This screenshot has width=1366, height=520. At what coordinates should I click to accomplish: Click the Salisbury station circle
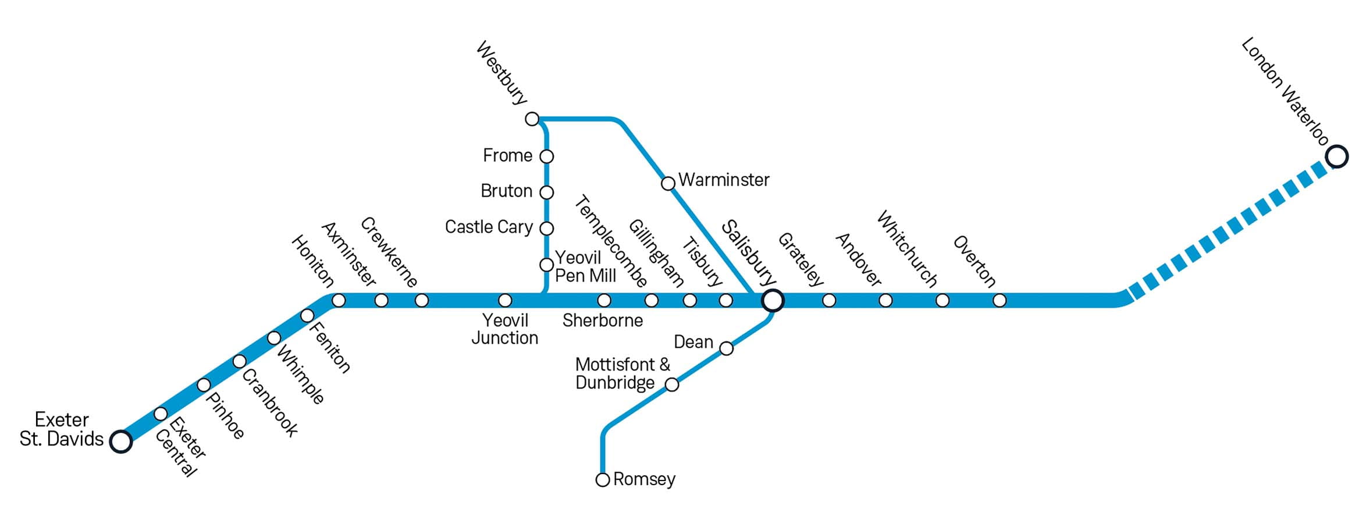coord(773,300)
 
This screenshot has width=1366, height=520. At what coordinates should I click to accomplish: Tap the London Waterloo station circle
coord(1336,156)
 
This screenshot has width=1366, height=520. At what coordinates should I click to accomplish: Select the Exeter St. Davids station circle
coord(121,441)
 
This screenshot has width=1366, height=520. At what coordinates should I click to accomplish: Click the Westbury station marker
coord(532,119)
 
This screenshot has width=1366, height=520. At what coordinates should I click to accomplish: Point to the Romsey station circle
coord(603,480)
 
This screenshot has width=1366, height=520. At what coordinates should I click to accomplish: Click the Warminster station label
coord(724,180)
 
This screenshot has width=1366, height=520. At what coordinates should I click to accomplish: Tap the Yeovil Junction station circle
coord(505,300)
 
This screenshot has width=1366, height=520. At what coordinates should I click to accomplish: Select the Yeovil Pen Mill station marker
coord(546,265)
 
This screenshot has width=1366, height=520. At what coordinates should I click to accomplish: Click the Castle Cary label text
coord(489,227)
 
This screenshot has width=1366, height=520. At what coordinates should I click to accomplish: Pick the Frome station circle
coord(546,156)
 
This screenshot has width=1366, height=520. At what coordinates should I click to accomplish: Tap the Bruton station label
coord(506,191)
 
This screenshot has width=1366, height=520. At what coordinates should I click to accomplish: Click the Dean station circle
coord(726,348)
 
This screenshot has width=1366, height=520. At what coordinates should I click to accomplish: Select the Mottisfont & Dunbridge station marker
coord(671,384)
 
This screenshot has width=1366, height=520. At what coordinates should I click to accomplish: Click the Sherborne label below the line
coord(602,320)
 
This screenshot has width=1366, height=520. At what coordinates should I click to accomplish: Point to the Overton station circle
coord(999,300)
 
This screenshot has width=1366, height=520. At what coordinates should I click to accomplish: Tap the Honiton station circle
coord(339,300)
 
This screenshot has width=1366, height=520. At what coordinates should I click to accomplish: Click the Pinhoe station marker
coord(204,385)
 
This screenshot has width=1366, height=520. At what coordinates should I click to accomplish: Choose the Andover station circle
coord(885,300)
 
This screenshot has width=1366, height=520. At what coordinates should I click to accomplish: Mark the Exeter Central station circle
coord(161,414)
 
